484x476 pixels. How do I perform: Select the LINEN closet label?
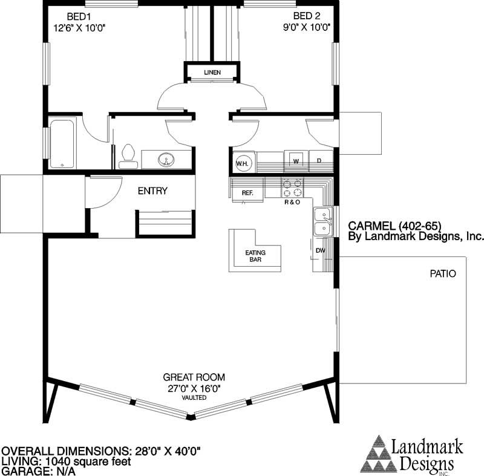point(212,73)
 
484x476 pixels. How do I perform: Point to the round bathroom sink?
point(165,160)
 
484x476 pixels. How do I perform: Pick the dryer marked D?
point(320,161)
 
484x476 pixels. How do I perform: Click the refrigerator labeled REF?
point(247,192)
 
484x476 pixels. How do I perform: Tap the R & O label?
point(292,203)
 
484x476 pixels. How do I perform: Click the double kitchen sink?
point(322,221)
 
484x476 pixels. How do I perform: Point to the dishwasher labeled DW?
point(320,250)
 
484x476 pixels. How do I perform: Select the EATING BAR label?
point(255,256)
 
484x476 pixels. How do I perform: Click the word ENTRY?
point(152,191)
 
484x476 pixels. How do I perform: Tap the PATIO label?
point(443,274)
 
